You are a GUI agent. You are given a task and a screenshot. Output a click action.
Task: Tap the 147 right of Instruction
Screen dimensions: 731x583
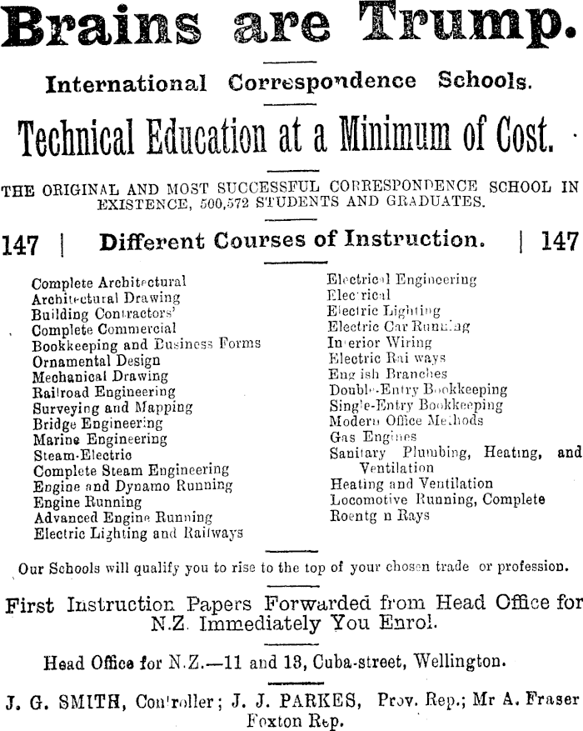coord(560,243)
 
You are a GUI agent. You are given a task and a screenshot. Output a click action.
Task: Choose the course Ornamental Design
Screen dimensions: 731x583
coord(96,361)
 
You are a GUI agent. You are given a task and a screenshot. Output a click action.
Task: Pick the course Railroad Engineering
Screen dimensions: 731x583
coord(103,392)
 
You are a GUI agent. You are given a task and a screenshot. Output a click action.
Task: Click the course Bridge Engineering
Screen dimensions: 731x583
coord(98,423)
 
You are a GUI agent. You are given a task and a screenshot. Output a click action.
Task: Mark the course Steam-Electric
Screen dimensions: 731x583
coord(82,454)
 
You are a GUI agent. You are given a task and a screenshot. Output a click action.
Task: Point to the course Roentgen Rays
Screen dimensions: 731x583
coord(380,516)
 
